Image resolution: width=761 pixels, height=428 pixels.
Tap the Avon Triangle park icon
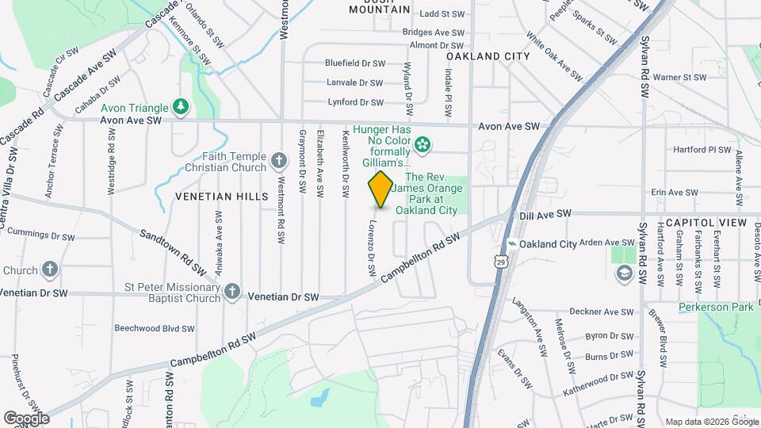[x=182, y=107]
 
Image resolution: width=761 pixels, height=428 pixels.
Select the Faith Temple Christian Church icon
[x=278, y=162]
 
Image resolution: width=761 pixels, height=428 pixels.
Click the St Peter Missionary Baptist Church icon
[x=231, y=292]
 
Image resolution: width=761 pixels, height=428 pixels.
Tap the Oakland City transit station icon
[x=513, y=244]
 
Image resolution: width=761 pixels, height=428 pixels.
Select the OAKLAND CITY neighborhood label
[x=488, y=56]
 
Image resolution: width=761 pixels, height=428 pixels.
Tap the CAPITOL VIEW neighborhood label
[x=706, y=223]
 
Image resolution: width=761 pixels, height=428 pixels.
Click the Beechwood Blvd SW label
[x=154, y=328]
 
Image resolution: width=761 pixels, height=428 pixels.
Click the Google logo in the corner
[x=25, y=418]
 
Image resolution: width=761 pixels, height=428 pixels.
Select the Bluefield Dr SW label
[x=354, y=63]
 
